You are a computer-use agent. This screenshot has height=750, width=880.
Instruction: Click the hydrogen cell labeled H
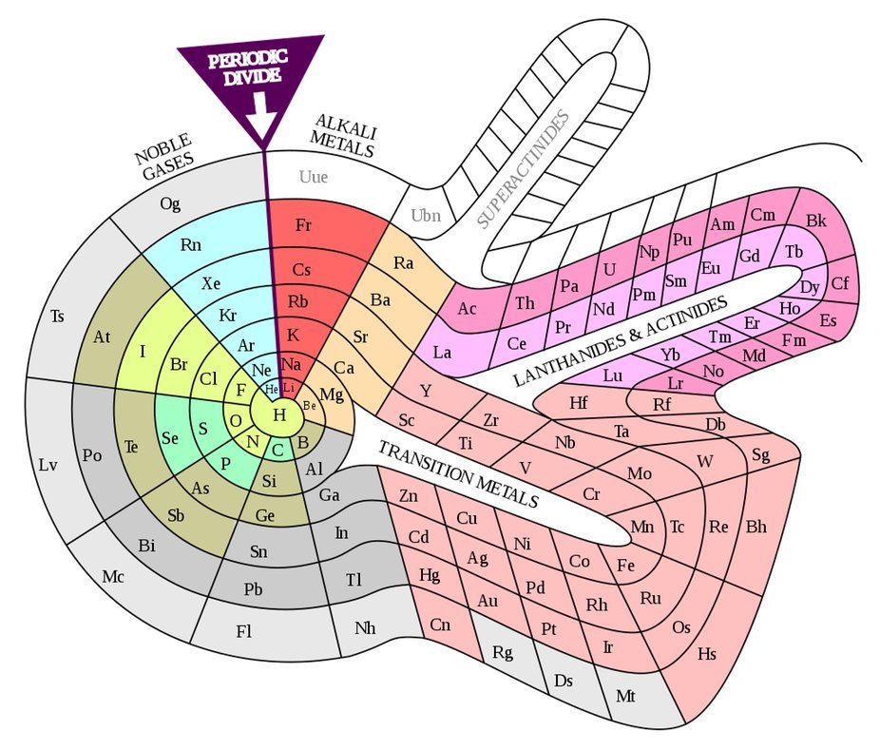[x=279, y=414]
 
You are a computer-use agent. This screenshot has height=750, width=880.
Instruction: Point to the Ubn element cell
[x=426, y=215]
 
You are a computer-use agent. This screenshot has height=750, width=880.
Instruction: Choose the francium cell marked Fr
[x=304, y=225]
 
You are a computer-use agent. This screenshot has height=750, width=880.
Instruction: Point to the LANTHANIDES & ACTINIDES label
[x=620, y=339]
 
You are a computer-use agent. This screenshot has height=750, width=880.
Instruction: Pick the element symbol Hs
[x=706, y=654]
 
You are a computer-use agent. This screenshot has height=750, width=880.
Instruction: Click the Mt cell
[x=625, y=696]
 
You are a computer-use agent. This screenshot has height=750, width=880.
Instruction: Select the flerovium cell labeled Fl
[x=244, y=630]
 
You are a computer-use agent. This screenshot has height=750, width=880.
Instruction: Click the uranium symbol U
[x=610, y=269]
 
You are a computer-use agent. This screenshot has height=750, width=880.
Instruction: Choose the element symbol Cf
[x=840, y=283]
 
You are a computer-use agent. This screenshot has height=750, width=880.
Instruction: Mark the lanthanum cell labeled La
[x=443, y=352]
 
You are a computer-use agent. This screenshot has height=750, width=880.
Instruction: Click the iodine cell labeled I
[x=143, y=352]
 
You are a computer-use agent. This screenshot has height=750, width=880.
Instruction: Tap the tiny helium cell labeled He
[x=272, y=389]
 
